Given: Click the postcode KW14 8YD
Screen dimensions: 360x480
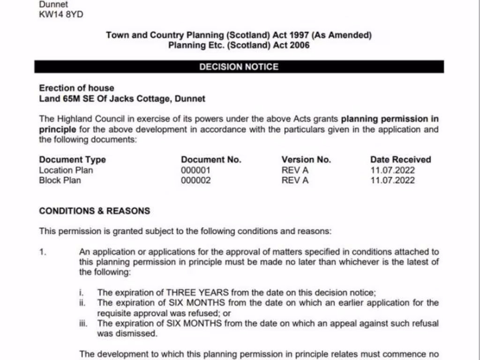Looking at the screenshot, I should click(x=61, y=15).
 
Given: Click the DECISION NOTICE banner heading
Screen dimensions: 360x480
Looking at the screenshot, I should click(x=239, y=67).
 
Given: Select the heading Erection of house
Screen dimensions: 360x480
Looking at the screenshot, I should click(x=76, y=88).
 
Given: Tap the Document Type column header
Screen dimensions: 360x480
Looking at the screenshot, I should click(x=72, y=159).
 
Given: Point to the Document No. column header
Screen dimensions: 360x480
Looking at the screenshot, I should click(x=211, y=159).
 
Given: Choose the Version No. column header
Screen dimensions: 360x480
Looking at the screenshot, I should click(x=306, y=159).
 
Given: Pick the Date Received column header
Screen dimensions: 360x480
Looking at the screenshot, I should click(x=400, y=159).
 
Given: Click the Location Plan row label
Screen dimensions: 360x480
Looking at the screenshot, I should click(x=66, y=170).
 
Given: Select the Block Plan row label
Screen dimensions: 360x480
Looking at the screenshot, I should click(x=60, y=180).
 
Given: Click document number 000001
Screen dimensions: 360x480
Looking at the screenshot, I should click(x=195, y=170).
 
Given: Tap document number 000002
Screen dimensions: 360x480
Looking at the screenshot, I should click(x=195, y=180).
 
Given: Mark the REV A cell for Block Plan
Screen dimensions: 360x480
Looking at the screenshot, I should click(x=295, y=180).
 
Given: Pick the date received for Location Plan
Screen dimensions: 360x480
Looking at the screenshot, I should click(x=392, y=170).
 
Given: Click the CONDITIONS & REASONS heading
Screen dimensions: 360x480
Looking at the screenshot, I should click(x=95, y=211).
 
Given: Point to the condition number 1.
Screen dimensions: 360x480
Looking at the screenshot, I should click(x=43, y=252).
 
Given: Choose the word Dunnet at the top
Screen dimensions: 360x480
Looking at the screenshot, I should click(x=53, y=4).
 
